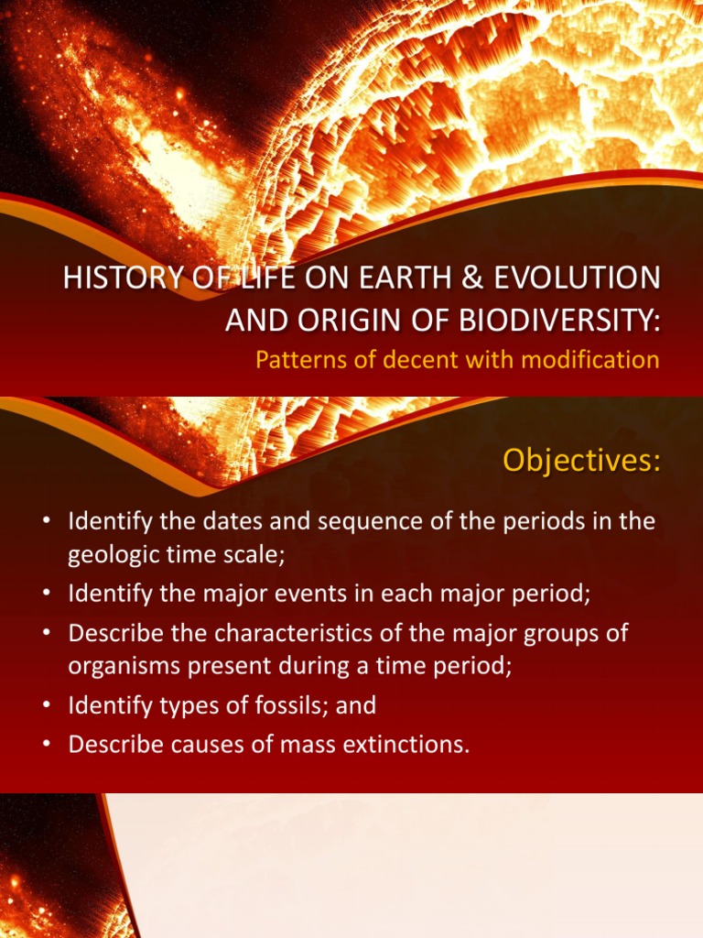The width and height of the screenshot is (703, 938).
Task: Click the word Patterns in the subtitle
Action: pyautogui.click(x=295, y=359)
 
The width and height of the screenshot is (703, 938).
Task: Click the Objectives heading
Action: pyautogui.click(x=580, y=462)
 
